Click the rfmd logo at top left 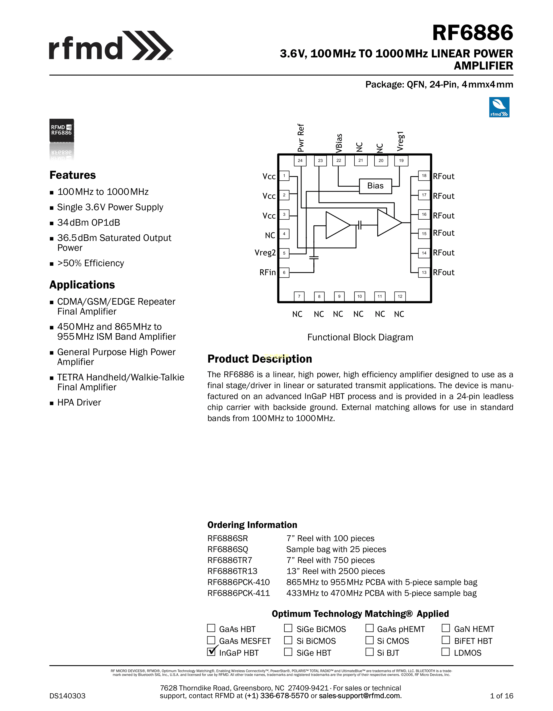pos(111,46)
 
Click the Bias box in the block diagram pos(375,186)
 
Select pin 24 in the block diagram pos(300,160)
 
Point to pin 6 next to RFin pos(284,273)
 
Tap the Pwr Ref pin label pos(301,138)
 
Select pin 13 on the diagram pos(424,273)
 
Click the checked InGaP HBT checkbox pos(211,652)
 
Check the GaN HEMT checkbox pos(446,628)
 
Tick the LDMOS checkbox pos(446,652)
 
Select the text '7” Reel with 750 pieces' pos(330,560)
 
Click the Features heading pos(73,175)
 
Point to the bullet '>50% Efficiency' pos(91,263)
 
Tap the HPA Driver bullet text pos(79,403)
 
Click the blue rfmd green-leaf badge pos(499,107)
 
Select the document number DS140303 pos(67,696)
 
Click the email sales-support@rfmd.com pos(360,696)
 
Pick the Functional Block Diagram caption pos(360,337)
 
